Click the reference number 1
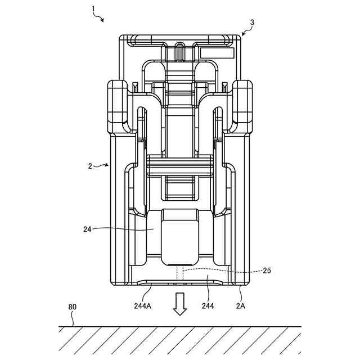click(93, 9)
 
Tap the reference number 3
click(253, 22)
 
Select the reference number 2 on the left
click(90, 166)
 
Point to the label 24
click(87, 229)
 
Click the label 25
click(267, 271)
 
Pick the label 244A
click(142, 306)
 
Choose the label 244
click(208, 306)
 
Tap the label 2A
click(241, 306)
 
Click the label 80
click(73, 307)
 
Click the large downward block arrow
click(180, 304)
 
